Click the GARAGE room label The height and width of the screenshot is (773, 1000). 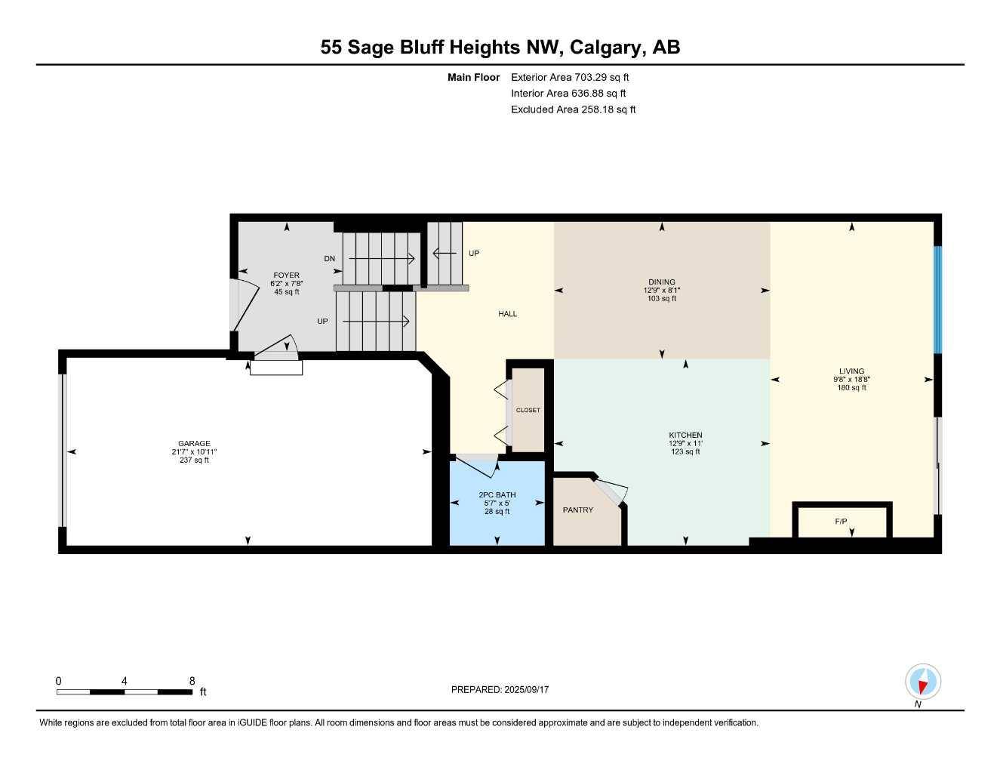coord(194,443)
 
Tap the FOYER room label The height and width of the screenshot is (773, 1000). coord(286,275)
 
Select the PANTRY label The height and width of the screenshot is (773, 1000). coord(578,510)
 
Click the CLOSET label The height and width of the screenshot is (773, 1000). coord(528,410)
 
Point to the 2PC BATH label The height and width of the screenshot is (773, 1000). coord(497,494)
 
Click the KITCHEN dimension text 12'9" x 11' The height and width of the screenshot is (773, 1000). coord(685,443)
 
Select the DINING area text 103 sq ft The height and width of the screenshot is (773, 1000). coord(662,298)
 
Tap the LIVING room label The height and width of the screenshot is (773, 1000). coord(851,371)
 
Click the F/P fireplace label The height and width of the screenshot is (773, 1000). coord(841,521)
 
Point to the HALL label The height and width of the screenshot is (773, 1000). coord(508,313)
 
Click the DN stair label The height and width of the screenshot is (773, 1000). coord(329,259)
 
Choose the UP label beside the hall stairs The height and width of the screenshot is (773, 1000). coord(474,253)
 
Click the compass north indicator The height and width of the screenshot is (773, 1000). coord(923,682)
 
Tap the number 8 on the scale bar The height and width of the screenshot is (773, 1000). coord(192,680)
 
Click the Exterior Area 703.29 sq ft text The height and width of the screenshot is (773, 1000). coord(570,77)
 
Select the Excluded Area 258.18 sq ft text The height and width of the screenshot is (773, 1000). coord(573,109)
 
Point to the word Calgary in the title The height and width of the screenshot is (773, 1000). coord(607,47)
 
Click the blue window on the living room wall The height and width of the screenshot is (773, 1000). coord(938,300)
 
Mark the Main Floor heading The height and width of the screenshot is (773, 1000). coord(473,77)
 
